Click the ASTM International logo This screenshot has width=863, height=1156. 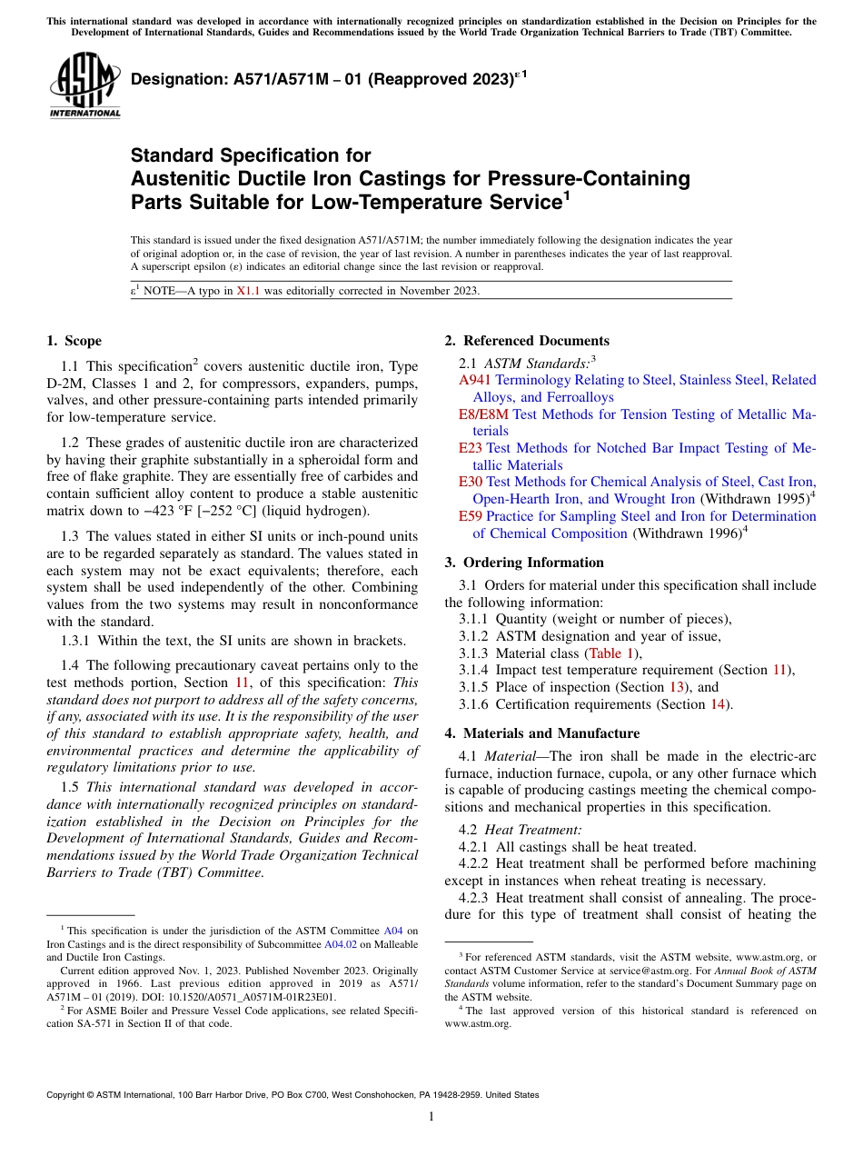[x=84, y=85]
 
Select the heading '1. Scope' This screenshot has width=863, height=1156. [x=74, y=341]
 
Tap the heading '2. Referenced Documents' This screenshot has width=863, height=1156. [x=527, y=341]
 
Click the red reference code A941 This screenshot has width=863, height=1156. [x=475, y=380]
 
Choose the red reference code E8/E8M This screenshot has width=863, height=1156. [x=483, y=414]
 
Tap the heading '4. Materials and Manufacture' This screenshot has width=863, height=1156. [x=542, y=733]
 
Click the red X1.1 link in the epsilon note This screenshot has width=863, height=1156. [x=248, y=291]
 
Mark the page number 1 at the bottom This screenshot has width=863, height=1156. [x=431, y=1116]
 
